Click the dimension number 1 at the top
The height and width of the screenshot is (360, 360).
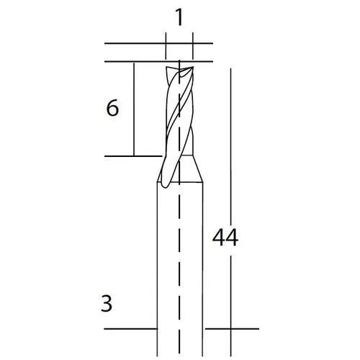179,17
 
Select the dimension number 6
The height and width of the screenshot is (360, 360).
112,108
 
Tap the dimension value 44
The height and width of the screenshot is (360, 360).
225,238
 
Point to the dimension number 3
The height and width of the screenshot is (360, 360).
107,304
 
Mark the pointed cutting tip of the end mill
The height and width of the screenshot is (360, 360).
192,68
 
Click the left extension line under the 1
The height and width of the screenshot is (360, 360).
166,46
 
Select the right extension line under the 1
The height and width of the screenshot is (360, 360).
193,46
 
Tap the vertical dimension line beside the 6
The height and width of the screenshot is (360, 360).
134,109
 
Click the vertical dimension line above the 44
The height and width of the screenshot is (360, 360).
230,147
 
